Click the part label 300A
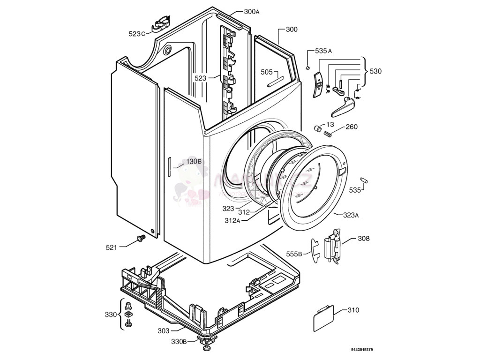(x=251, y=12)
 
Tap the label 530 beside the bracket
(x=375, y=71)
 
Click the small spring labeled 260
(x=329, y=134)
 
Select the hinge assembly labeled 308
(x=334, y=246)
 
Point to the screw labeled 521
(x=140, y=240)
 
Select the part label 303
(x=163, y=331)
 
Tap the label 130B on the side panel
(x=194, y=161)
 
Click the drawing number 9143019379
(x=361, y=350)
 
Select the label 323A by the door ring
(x=351, y=216)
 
